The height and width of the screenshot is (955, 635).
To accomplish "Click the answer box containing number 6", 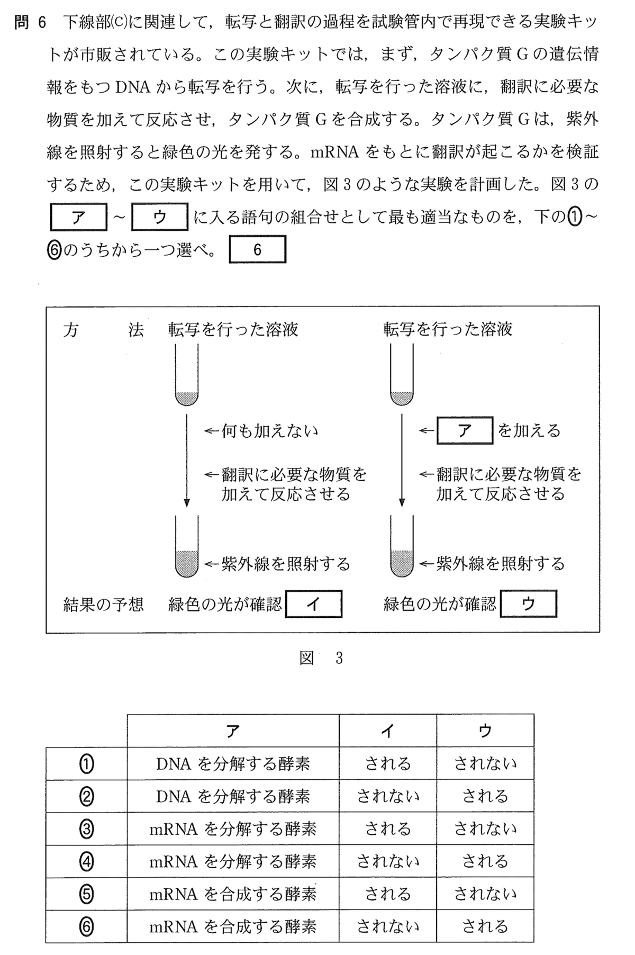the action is pos(257,249).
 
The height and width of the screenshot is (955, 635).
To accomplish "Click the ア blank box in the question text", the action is pos(78,217).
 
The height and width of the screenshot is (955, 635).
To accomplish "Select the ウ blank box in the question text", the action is pos(159,217).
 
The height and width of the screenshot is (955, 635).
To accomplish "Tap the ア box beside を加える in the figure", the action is pos(464,430).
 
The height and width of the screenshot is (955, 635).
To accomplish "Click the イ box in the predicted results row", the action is pos(314,604).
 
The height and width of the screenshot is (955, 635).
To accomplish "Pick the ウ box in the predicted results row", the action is pos(528,604).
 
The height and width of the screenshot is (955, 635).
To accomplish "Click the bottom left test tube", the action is pos(187,547).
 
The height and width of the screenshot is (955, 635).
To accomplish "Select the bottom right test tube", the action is pos(402,547).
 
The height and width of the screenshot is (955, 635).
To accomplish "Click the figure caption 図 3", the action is pos(321,658).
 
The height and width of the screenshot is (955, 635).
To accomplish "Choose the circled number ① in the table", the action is pos(86,763).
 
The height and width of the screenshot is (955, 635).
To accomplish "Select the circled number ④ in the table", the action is pos(86,861).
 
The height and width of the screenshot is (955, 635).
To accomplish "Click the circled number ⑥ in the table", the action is pos(86,926).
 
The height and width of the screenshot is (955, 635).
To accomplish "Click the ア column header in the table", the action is pos(233,731).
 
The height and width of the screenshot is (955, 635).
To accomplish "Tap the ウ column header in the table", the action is pos(485,731).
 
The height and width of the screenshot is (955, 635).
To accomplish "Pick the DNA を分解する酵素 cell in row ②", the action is pos(233,796).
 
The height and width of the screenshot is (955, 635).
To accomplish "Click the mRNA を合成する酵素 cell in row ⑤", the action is pos(233,894).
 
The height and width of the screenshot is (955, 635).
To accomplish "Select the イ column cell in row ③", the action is pos(388,828).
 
